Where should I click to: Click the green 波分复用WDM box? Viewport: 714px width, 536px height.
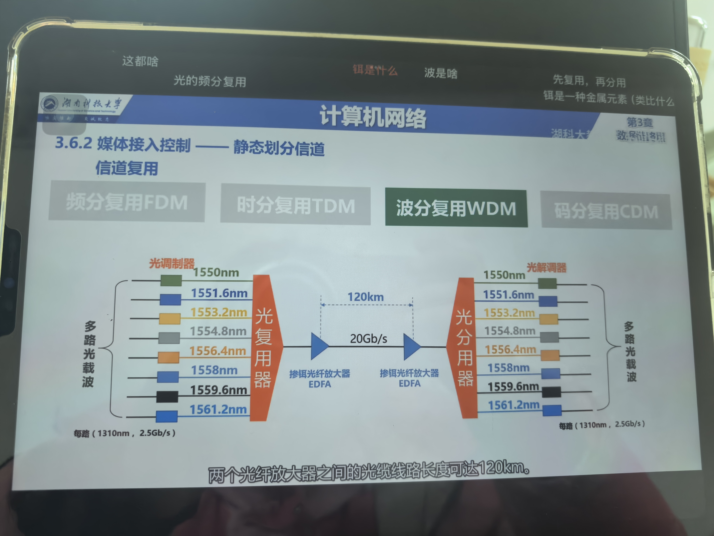456,208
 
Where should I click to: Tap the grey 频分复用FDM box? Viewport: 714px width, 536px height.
127,202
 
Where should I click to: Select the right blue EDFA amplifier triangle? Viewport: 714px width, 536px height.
411,347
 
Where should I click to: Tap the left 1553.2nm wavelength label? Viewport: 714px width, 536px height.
219,312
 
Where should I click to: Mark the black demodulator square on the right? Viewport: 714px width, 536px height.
551,392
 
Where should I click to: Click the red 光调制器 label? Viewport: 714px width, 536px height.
172,264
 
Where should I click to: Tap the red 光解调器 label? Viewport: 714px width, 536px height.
546,267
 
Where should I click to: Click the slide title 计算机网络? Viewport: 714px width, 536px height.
373,117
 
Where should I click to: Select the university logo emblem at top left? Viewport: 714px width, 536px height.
49,103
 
